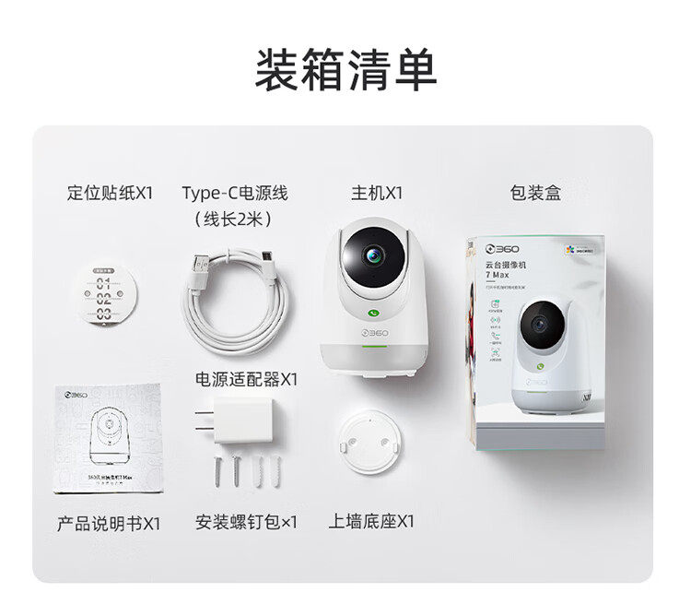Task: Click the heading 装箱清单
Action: (x=345, y=70)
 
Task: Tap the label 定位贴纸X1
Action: (x=111, y=193)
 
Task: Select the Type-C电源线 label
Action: (x=235, y=193)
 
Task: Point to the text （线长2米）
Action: (x=234, y=219)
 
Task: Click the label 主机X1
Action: (x=376, y=193)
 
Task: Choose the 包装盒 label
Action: (x=535, y=193)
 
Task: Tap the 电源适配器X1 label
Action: (x=247, y=379)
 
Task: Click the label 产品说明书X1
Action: (x=109, y=523)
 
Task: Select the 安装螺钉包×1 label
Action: (x=247, y=522)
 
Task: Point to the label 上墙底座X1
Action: (x=371, y=521)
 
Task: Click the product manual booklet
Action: (x=108, y=438)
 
